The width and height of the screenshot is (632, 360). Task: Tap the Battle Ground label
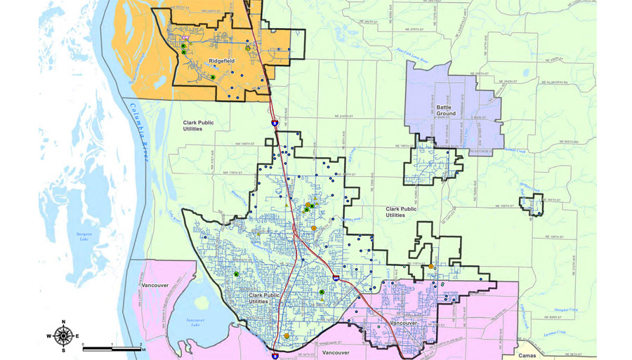tap(446, 110)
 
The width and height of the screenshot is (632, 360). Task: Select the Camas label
tap(527, 356)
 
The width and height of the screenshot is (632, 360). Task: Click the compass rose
tap(63, 336)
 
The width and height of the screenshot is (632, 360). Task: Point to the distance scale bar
tap(112, 349)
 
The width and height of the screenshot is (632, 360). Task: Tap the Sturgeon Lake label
tap(84, 237)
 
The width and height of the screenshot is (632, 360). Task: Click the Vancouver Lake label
tap(196, 322)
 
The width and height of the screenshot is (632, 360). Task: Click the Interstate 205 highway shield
tap(337, 279)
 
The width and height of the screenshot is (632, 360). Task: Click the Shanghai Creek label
tap(565, 309)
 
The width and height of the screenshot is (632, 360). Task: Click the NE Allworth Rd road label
tap(555, 82)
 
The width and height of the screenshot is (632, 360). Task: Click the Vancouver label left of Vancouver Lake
tap(155, 286)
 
